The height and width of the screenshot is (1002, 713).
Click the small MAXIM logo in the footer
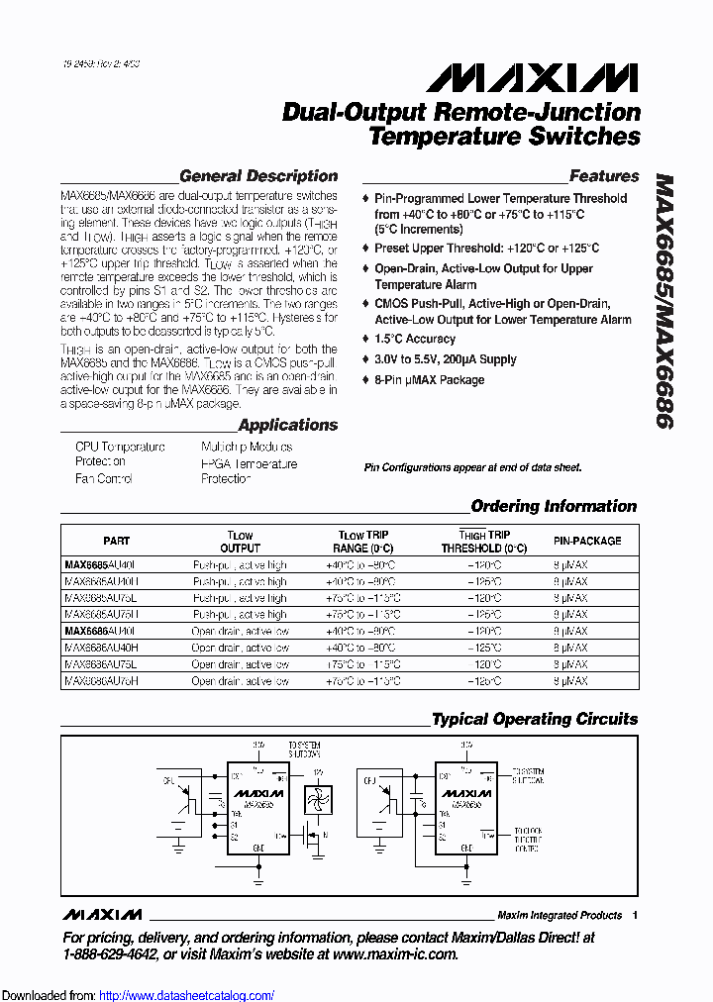[102, 914]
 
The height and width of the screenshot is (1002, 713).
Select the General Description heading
[258, 176]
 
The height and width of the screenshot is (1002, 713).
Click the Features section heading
[604, 176]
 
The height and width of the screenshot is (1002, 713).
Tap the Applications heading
[288, 425]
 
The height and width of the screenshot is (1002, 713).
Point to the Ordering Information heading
[554, 506]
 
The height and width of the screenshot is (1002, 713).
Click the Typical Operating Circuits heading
[535, 719]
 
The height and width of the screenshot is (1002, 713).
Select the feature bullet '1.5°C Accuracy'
[414, 339]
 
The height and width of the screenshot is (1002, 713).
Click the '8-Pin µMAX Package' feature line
[429, 380]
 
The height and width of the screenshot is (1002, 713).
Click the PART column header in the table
[116, 541]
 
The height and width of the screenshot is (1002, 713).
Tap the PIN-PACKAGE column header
[587, 541]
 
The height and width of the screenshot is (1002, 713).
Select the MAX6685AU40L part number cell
[101, 564]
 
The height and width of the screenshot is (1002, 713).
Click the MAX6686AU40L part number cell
[101, 631]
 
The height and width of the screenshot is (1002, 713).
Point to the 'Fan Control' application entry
[103, 479]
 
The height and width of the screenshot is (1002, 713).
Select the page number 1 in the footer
[634, 915]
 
